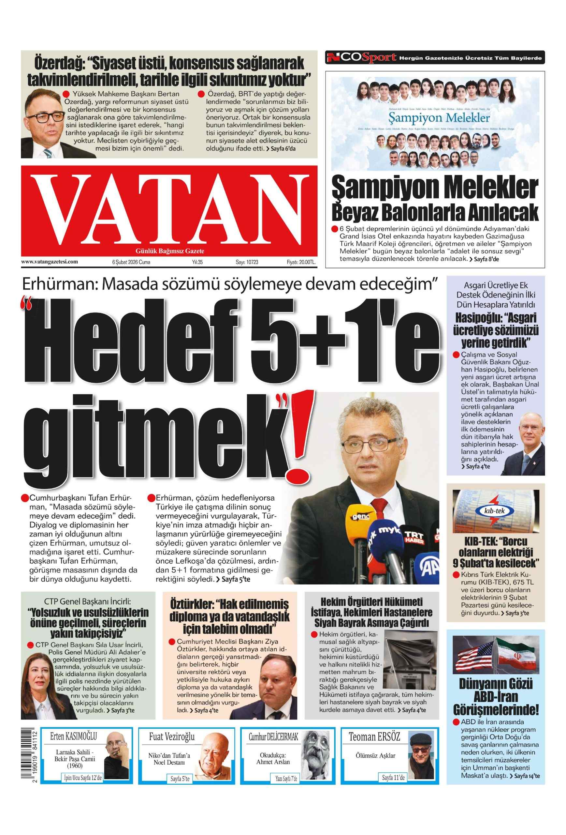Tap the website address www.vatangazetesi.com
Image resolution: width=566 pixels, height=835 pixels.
pyautogui.click(x=50, y=262)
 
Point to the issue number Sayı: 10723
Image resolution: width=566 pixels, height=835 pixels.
pyautogui.click(x=247, y=262)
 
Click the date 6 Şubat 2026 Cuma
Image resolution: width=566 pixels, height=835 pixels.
pyautogui.click(x=131, y=262)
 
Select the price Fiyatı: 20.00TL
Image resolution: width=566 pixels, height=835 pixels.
pyautogui.click(x=301, y=262)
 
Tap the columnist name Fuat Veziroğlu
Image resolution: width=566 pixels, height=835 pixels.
pyautogui.click(x=171, y=737)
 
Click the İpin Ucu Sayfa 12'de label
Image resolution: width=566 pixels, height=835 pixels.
pyautogui.click(x=82, y=778)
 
